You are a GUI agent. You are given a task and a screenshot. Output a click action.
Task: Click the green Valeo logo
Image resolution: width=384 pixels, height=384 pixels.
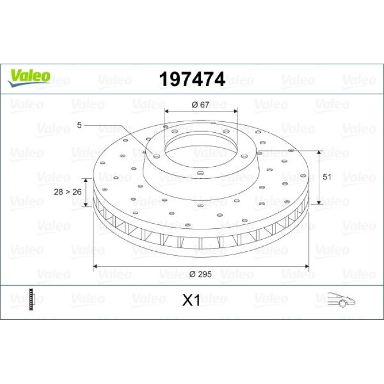click(x=29, y=78)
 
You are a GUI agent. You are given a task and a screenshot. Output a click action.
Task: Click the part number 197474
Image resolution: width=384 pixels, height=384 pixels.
click(x=192, y=79)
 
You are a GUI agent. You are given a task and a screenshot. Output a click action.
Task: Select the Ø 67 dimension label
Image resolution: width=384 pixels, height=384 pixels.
click(x=200, y=105)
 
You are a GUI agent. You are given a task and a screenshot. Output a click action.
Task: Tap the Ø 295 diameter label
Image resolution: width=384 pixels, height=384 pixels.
click(x=200, y=274)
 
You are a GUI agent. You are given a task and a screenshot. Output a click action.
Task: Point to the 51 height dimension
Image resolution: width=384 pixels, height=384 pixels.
click(x=327, y=177)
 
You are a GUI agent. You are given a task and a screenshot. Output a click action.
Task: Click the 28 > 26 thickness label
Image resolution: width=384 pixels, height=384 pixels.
click(x=67, y=192)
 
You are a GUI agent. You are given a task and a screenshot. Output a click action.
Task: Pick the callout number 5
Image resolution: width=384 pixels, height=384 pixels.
click(x=79, y=125)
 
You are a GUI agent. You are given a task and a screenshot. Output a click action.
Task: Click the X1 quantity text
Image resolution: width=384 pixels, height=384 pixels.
click(x=191, y=300)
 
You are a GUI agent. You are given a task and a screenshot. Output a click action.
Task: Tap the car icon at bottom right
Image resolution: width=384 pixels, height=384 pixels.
click(x=341, y=300)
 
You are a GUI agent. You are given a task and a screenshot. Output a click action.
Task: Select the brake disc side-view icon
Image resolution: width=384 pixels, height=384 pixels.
click(x=32, y=300)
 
